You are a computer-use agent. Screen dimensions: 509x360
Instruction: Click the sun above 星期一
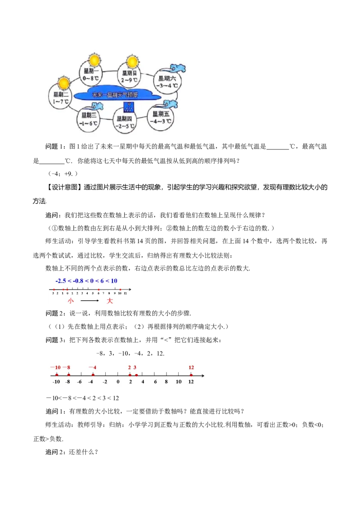click(x=94, y=60)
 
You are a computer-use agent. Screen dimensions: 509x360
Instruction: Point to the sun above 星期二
click(x=64, y=83)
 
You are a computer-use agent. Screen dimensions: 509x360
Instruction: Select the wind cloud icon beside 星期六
click(x=177, y=68)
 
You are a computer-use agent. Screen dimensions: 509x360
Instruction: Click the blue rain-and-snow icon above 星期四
click(x=128, y=107)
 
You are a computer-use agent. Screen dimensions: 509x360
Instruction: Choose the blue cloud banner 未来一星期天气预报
click(x=115, y=95)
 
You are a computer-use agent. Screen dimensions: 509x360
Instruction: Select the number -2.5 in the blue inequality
click(x=62, y=281)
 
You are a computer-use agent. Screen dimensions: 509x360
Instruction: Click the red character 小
click(x=70, y=301)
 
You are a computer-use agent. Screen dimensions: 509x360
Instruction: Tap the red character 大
click(x=110, y=301)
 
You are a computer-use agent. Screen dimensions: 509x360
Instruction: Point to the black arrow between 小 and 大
click(x=90, y=301)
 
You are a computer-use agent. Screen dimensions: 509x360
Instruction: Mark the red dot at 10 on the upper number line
click(x=120, y=290)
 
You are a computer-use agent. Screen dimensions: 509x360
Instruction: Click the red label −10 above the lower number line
click(x=55, y=367)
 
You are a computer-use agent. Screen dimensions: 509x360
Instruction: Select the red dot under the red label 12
click(x=191, y=375)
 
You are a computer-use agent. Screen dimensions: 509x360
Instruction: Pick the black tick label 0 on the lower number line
click(x=118, y=382)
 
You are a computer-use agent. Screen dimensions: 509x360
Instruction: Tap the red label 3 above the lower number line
click(x=135, y=367)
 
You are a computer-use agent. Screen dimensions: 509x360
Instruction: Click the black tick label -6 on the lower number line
click(x=79, y=382)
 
